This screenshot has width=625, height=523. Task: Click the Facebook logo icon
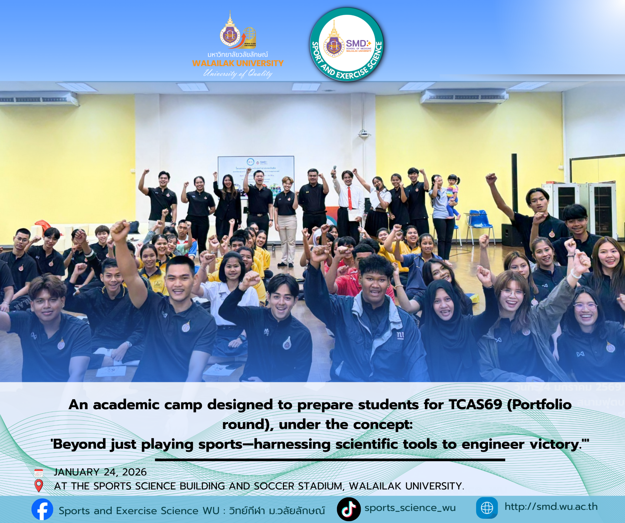click(x=42, y=509)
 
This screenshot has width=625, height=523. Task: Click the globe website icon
click(x=487, y=508)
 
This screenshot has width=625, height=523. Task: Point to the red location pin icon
click(x=39, y=486)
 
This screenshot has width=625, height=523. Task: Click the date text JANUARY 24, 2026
click(x=100, y=472)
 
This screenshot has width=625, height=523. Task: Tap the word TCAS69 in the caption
click(x=475, y=405)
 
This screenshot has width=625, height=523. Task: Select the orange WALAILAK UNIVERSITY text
click(x=238, y=63)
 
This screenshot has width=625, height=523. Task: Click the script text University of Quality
click(x=238, y=73)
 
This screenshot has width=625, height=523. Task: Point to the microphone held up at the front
click(x=334, y=171)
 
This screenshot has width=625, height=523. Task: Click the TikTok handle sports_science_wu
click(x=410, y=508)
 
